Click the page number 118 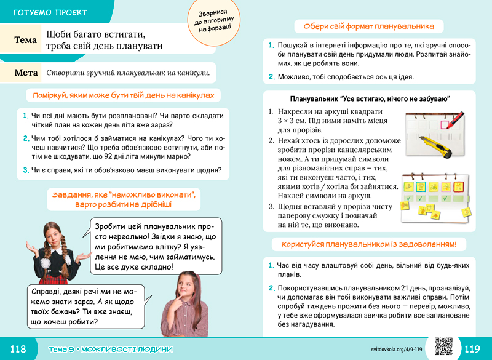click(x=18, y=349)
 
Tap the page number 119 click(x=472, y=349)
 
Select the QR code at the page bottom click(x=443, y=347)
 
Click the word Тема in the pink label click(x=26, y=39)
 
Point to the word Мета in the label click(x=26, y=73)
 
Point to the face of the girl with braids click(x=52, y=233)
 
